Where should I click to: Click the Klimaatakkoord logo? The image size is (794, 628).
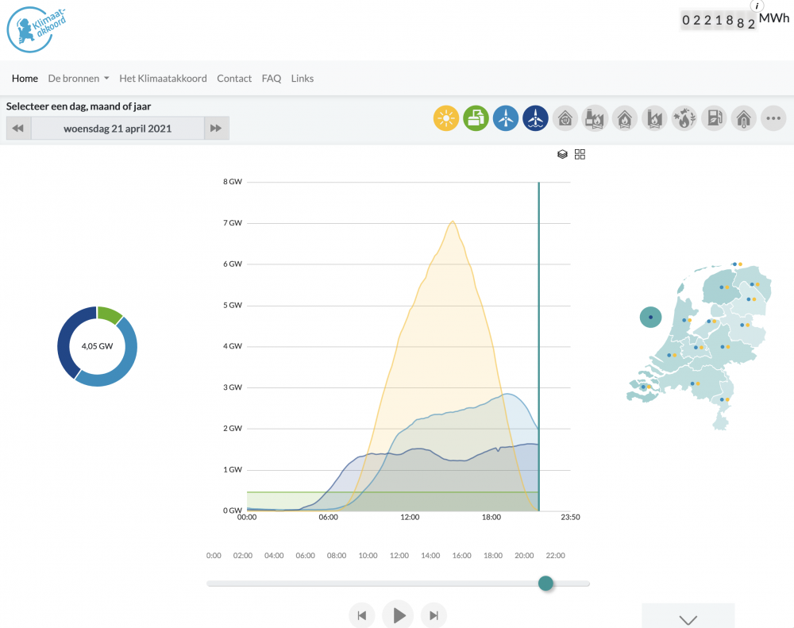36,29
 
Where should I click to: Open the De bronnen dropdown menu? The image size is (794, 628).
79,79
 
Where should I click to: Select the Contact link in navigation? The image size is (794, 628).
234,79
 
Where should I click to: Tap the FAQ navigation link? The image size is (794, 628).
271,79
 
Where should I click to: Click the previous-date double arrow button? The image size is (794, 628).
18,128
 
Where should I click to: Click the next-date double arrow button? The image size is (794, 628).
216,128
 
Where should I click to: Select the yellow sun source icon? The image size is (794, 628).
446,118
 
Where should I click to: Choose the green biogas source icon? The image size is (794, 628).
476,118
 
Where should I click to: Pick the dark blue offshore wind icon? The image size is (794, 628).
535,118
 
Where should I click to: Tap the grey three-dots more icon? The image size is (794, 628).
773,118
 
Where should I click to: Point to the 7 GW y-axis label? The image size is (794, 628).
233,223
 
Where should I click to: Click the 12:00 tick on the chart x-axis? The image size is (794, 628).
410,517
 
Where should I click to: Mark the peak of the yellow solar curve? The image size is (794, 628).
453,222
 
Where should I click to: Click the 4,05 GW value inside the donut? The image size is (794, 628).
97,346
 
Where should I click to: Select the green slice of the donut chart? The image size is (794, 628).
109,314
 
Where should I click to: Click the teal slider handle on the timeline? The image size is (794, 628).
545,584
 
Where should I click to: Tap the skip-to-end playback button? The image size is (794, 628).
434,615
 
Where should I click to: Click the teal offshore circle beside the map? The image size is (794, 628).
651,318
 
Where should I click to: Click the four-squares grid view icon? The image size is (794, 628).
580,155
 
